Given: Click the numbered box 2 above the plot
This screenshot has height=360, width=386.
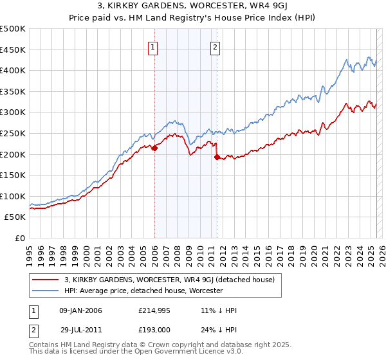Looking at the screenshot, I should [215, 46].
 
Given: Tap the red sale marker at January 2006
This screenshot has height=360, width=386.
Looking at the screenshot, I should [154, 148].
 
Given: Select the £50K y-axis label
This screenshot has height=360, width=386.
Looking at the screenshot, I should [15, 217].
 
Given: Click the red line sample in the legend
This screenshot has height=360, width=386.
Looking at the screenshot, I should [46, 280].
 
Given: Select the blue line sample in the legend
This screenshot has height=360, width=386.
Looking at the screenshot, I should [46, 291].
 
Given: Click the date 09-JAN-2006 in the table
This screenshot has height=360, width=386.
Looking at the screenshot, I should [80, 310].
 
